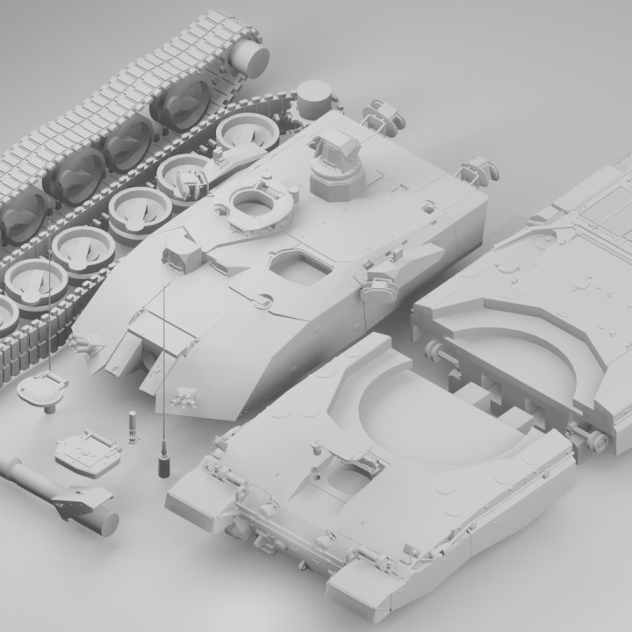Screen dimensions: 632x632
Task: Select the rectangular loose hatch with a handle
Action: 87,451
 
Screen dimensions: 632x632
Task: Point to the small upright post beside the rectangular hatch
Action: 133,427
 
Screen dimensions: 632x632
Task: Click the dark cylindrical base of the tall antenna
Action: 163,463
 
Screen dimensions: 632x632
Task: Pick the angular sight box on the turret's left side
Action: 183,252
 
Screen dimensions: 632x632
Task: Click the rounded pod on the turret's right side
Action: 381,283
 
